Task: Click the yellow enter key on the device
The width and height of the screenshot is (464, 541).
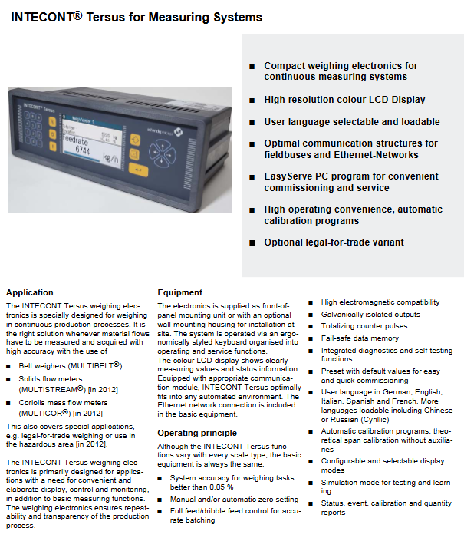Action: coord(139,168)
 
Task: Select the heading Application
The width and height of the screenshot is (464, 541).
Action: coord(29,292)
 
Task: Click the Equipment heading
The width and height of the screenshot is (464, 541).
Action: coord(179,292)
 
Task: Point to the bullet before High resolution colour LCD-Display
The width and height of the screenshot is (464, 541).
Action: coord(252,101)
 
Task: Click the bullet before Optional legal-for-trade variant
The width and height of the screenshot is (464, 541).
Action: coord(252,243)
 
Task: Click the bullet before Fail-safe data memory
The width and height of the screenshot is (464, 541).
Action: coord(311,338)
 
